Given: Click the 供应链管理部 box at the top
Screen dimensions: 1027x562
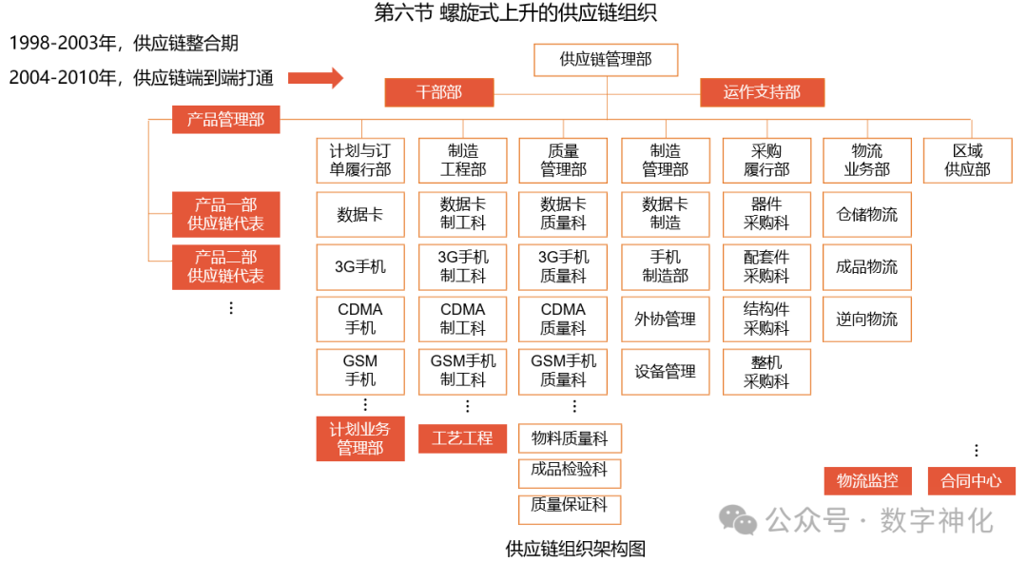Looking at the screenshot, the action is [606, 59].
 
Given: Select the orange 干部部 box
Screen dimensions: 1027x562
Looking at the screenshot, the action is [438, 92].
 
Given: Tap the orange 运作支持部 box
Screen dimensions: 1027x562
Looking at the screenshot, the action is [762, 92].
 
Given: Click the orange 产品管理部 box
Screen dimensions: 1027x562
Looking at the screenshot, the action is [225, 120].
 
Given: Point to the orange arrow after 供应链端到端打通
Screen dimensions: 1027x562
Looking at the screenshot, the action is [315, 78].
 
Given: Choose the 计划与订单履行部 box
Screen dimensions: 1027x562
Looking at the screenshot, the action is [360, 160].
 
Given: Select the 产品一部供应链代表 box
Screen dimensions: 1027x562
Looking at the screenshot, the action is [225, 214].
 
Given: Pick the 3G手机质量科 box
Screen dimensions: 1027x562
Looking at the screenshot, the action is [564, 266].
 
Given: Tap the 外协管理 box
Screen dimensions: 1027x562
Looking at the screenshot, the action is [666, 319].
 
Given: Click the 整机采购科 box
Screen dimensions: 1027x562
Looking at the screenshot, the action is [766, 371].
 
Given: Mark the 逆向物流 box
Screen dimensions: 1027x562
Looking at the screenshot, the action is [866, 319].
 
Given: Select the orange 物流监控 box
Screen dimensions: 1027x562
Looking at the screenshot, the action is [866, 480].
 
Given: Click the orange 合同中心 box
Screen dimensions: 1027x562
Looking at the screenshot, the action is [971, 480].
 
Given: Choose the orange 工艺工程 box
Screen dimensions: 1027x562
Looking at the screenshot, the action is [463, 438].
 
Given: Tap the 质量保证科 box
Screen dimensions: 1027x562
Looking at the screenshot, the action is [570, 506].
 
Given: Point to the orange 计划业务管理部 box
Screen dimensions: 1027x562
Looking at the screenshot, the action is [360, 438].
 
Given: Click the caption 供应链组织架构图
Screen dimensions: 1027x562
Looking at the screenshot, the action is [576, 549].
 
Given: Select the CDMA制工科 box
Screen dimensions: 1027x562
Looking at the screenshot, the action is [463, 319].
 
